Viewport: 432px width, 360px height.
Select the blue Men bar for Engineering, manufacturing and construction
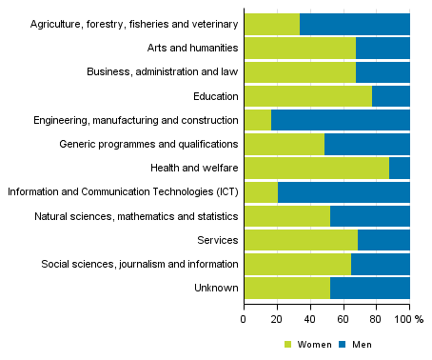[x=340, y=120]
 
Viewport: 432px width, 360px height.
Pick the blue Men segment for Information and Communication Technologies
[x=344, y=191]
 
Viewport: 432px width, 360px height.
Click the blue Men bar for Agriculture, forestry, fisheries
[x=354, y=24]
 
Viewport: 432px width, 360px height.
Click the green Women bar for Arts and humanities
[x=299, y=48]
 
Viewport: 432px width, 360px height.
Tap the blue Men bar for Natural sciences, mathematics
[x=369, y=216]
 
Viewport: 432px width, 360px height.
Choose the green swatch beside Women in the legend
[x=288, y=344]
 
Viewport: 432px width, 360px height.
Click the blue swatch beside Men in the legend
[x=334, y=344]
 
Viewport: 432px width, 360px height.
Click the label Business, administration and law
[x=162, y=71]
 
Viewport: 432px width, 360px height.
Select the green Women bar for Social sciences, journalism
[x=297, y=264]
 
